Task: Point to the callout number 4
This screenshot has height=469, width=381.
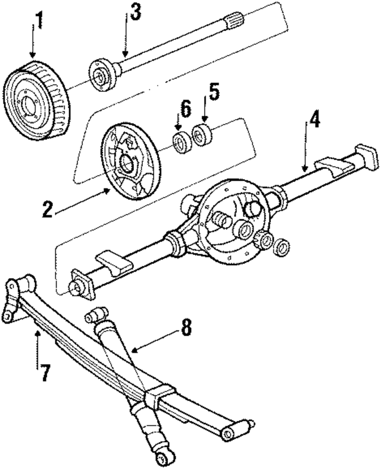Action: pos(314,119)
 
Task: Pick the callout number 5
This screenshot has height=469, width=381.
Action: pos(214,94)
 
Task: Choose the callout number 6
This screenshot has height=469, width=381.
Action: pos(186,108)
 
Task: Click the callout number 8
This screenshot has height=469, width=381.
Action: pos(187,327)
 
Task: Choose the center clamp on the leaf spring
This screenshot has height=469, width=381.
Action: pos(156,396)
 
